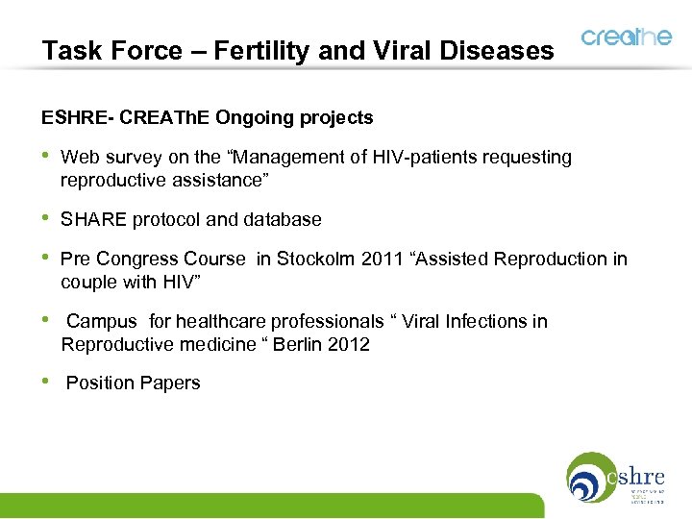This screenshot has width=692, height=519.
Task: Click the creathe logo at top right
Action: pos(626,37)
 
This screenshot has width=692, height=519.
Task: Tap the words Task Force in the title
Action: pos(100,50)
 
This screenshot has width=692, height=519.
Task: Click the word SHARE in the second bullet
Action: pos(91,219)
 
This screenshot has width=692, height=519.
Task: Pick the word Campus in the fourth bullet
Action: pos(102,321)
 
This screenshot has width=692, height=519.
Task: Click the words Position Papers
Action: pos(133,383)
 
